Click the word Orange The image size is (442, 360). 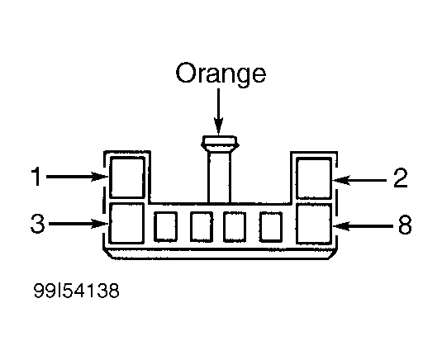tap(221, 73)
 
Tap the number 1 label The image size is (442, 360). tap(36, 177)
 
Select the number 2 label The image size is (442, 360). tap(401, 178)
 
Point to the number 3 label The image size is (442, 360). tap(37, 224)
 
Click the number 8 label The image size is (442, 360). tap(405, 225)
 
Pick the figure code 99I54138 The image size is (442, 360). tap(76, 291)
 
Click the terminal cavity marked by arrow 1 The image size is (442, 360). tap(127, 178)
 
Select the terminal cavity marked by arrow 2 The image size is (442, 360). tap(314, 178)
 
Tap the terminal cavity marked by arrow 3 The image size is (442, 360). tap(126, 223)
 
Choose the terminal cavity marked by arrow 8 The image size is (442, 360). tap(314, 224)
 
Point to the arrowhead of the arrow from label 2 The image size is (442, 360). tap(341, 180)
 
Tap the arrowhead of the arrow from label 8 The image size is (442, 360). tap(341, 226)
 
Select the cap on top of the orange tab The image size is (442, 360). tap(220, 144)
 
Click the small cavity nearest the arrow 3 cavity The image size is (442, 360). tap(166, 227)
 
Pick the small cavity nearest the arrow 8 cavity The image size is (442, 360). tap(271, 227)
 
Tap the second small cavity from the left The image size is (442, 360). tap(202, 227)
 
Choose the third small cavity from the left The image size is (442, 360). tap(235, 227)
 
